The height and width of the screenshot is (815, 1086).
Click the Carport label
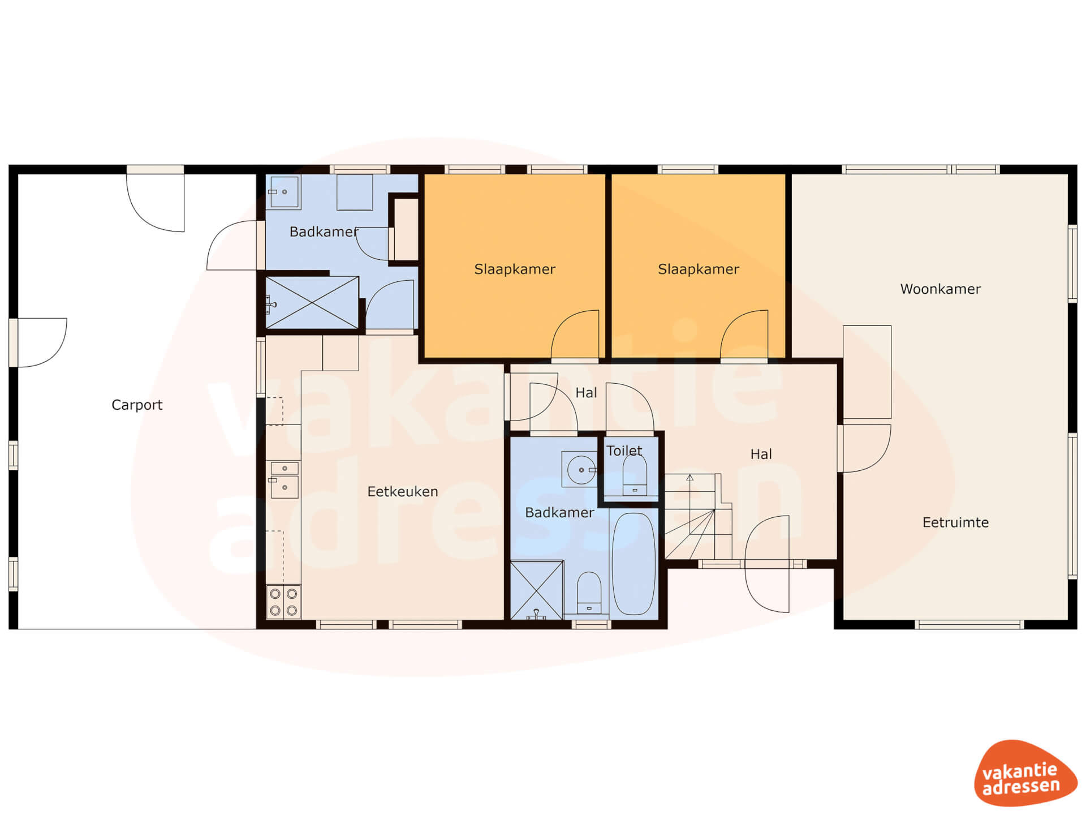coord(137,405)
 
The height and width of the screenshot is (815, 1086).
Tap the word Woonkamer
coord(940,289)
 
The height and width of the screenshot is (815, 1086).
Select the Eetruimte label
coord(955,522)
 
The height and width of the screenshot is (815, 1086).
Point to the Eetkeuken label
coord(403,491)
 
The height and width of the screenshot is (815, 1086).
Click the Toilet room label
coord(624,451)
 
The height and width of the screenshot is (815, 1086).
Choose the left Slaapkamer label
coord(515,269)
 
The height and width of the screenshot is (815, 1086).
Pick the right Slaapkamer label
coord(699,269)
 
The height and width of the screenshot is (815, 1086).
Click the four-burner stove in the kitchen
coord(283,602)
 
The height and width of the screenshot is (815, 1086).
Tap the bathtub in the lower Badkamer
coord(634,563)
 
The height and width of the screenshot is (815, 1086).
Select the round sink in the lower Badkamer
coord(580,469)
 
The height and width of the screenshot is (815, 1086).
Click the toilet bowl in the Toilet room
coord(635,475)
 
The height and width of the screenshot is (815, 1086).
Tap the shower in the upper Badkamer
coord(312,302)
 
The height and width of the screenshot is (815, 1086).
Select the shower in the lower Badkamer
coord(537,590)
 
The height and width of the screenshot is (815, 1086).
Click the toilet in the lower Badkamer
coord(589,593)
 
